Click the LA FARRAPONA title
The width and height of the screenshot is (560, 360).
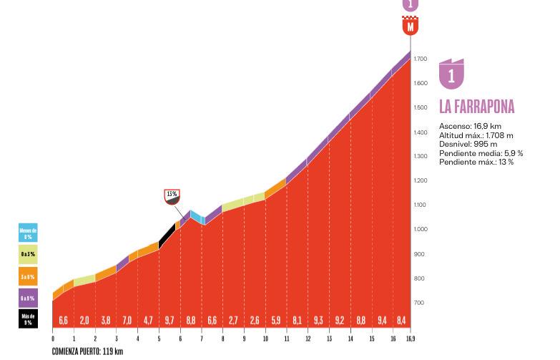(x=476, y=107)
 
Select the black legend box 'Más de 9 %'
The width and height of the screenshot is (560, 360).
(x=28, y=318)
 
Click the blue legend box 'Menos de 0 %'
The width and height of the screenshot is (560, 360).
(x=28, y=233)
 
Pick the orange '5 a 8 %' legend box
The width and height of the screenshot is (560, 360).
(x=28, y=276)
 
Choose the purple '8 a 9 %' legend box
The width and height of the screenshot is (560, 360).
(x=28, y=298)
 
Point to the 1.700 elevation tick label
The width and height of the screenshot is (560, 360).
(x=421, y=59)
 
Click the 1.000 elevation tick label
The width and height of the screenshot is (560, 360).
(x=421, y=230)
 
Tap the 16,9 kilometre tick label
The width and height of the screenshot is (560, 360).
(x=410, y=339)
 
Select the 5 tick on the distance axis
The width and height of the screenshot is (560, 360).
(x=159, y=339)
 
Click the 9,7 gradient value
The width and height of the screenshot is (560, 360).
(x=170, y=321)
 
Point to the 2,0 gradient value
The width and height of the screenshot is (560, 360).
(x=84, y=321)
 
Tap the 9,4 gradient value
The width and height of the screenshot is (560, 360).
(x=382, y=321)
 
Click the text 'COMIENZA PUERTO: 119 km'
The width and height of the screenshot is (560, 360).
(x=87, y=351)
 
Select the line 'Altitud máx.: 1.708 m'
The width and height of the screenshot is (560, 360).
(x=476, y=135)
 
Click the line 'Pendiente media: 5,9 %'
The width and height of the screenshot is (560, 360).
(x=481, y=153)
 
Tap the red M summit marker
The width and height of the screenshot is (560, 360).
(x=410, y=27)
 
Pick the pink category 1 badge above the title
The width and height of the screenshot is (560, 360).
(x=451, y=74)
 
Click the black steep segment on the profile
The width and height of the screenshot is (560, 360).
(x=167, y=235)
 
